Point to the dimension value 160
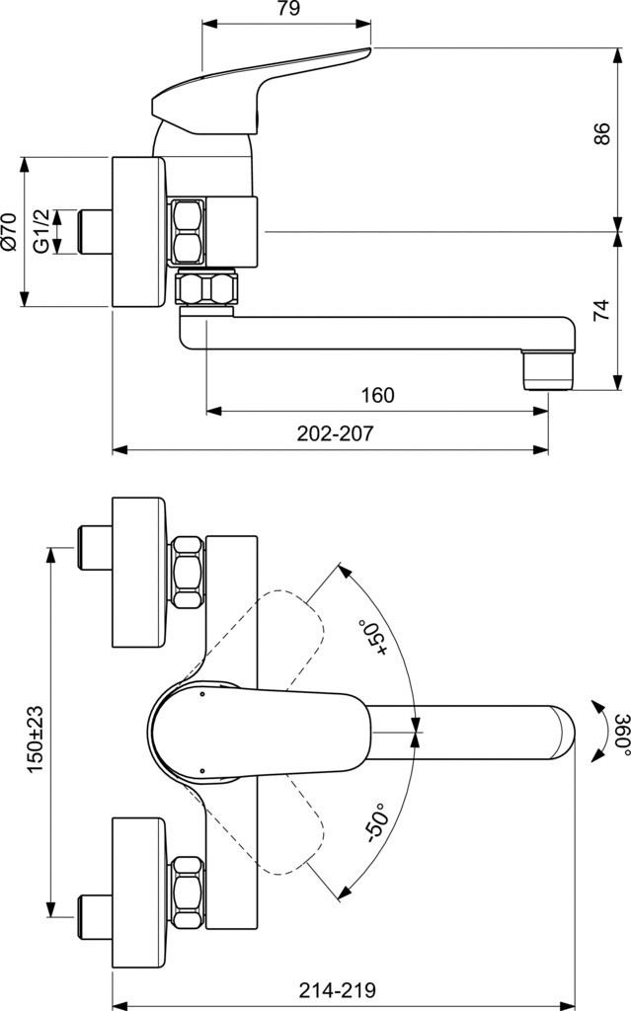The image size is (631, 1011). [377, 396]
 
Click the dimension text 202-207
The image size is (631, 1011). [336, 433]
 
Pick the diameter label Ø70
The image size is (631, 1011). [10, 231]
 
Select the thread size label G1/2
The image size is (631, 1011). [40, 231]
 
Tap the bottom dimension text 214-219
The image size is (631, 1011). [342, 990]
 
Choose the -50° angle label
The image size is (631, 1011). [375, 821]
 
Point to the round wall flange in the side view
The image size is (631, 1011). [137, 231]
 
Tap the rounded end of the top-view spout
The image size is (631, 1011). [563, 732]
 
